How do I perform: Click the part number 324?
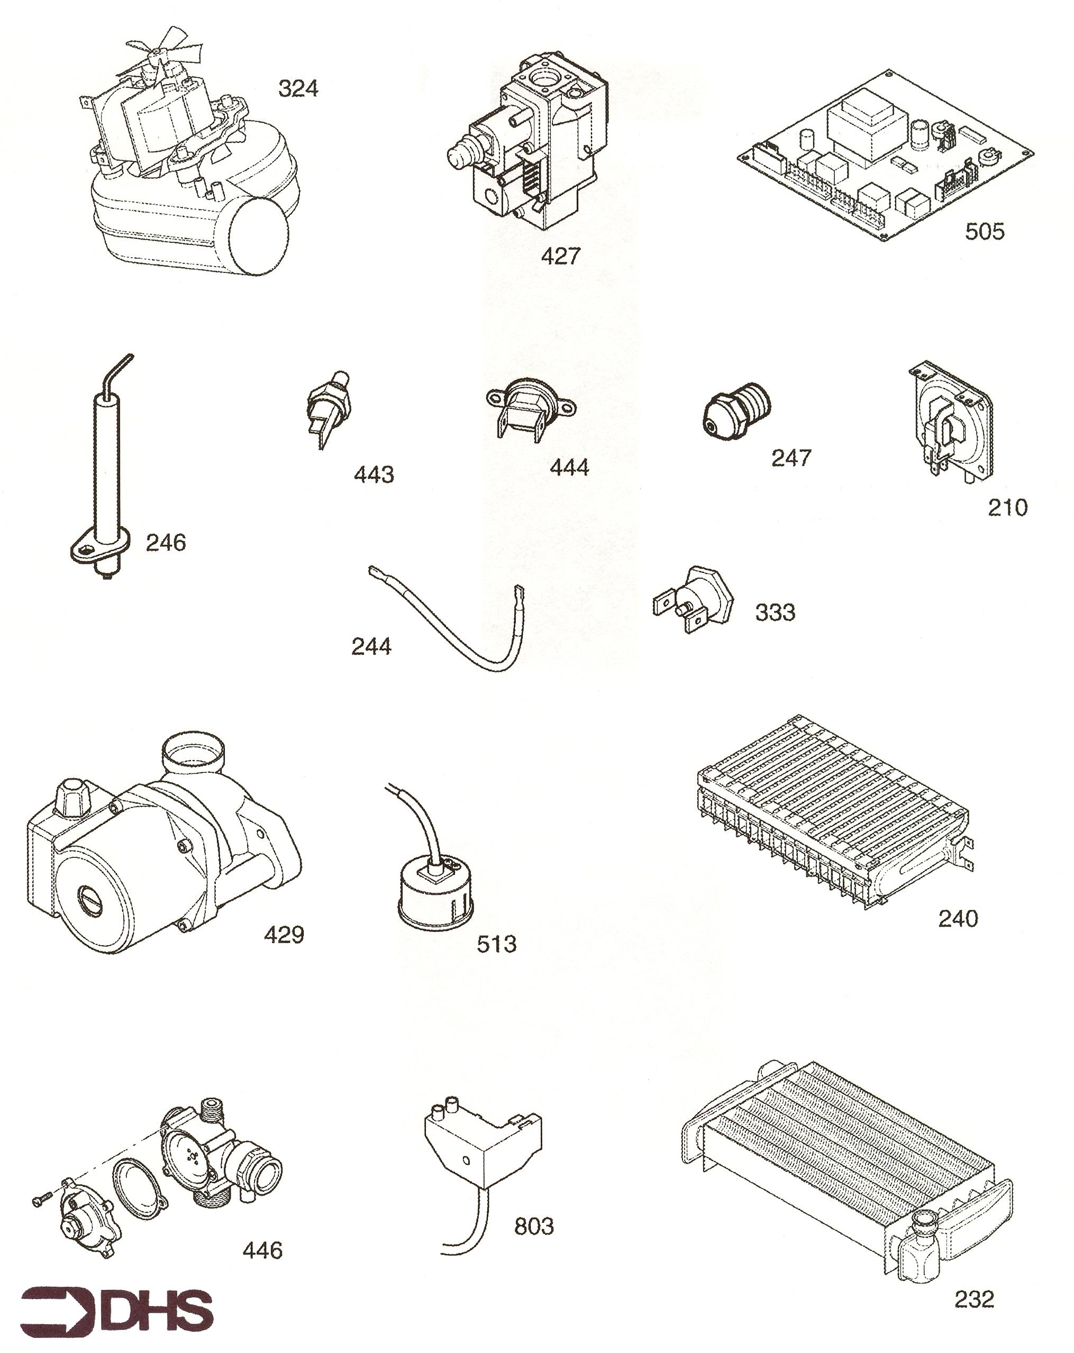click(298, 88)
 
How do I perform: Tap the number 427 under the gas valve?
click(560, 256)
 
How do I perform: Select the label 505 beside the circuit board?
click(984, 232)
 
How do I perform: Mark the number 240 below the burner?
click(958, 919)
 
